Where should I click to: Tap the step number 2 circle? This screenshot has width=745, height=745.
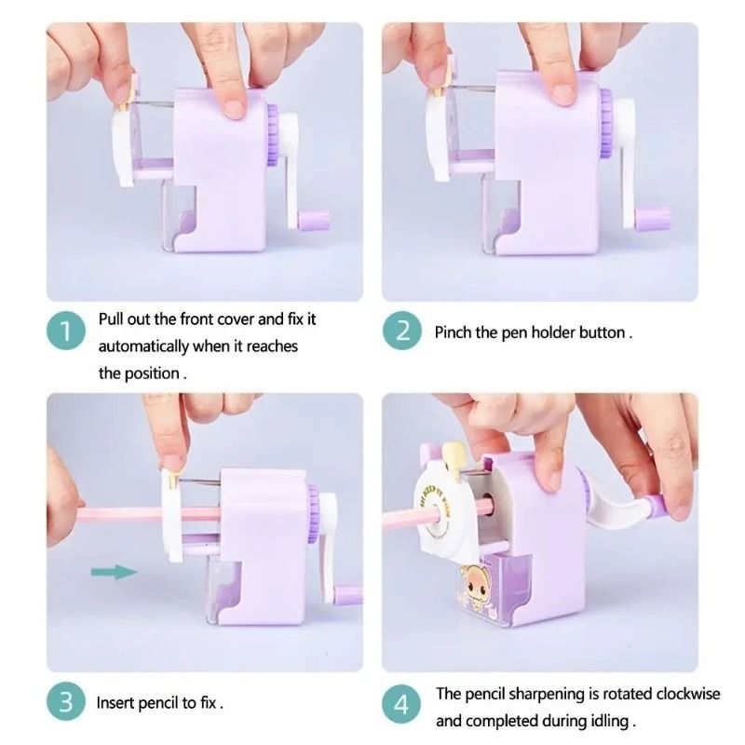(402, 332)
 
